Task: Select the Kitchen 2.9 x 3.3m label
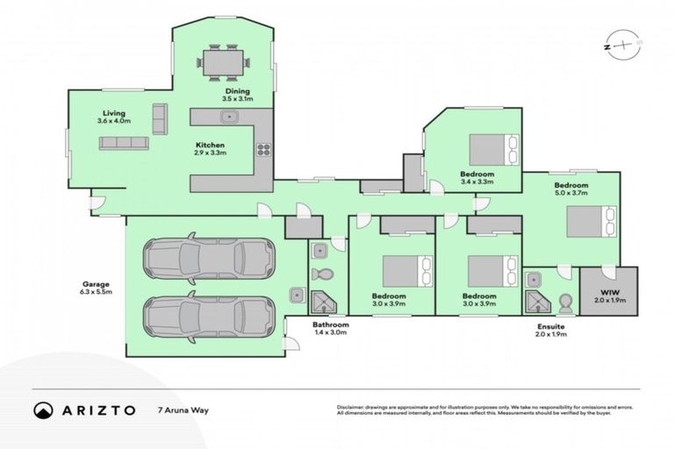(210, 148)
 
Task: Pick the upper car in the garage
(208, 258)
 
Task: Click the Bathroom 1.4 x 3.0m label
(330, 327)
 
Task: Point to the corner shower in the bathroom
(323, 303)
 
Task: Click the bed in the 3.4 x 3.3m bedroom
(493, 149)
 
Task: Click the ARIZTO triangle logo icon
(43, 410)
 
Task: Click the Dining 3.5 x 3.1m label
(236, 95)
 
